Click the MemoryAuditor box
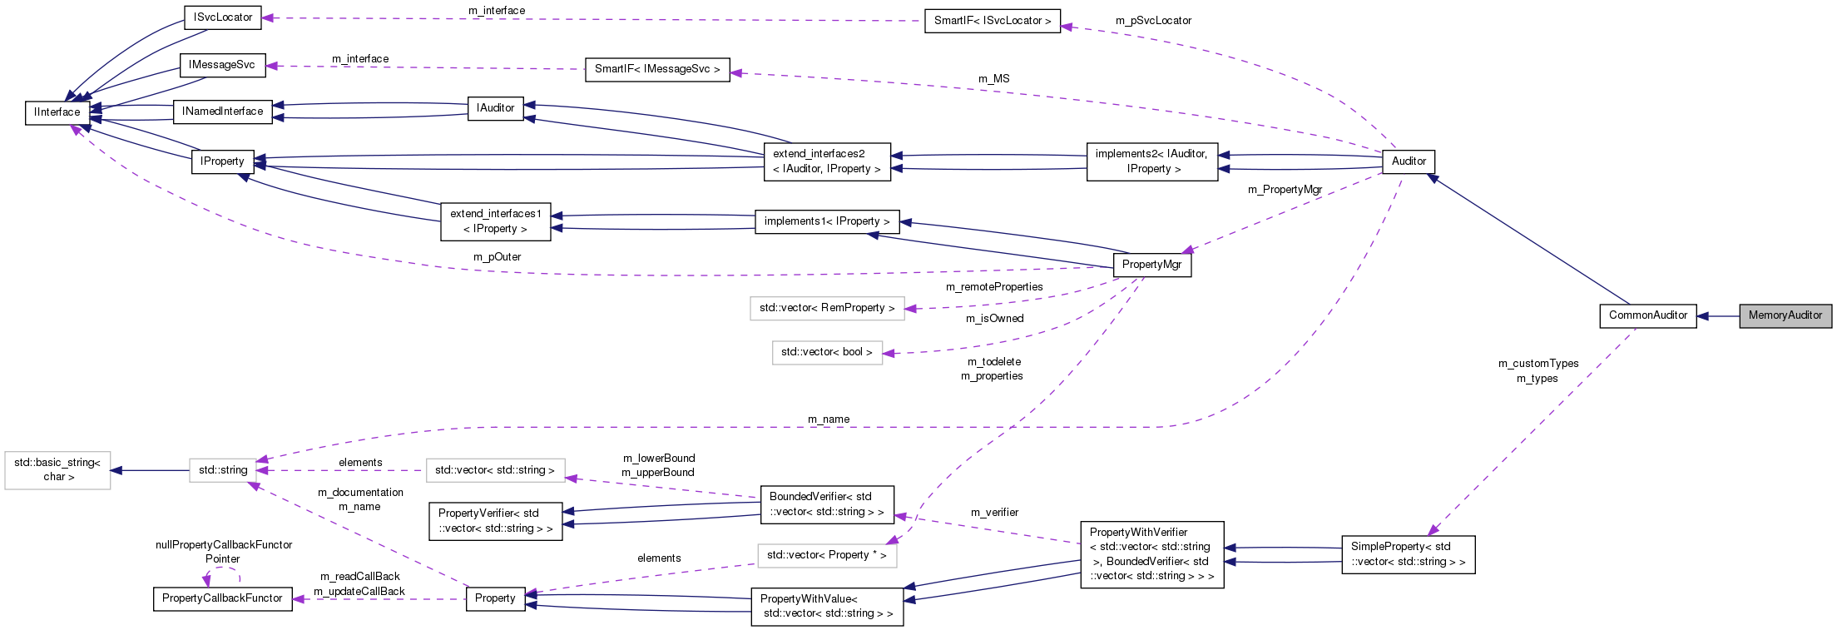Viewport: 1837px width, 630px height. pyautogui.click(x=1785, y=315)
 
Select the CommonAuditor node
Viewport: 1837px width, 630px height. pyautogui.click(x=1647, y=315)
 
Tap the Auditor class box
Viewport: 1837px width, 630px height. pyautogui.click(x=1408, y=161)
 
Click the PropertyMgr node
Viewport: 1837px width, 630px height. pyautogui.click(x=1151, y=265)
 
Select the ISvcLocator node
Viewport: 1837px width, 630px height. pyautogui.click(x=222, y=17)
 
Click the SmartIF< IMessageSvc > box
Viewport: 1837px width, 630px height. pyautogui.click(x=656, y=69)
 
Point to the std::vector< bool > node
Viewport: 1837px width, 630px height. pyautogui.click(x=826, y=352)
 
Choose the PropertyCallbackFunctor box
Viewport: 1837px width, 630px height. pyautogui.click(x=222, y=598)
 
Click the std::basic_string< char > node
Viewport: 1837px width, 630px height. pyautogui.click(x=57, y=470)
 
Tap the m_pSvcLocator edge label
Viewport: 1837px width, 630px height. pyautogui.click(x=1153, y=21)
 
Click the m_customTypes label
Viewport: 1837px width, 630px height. pyautogui.click(x=1537, y=364)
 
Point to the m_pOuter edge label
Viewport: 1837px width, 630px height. pyautogui.click(x=497, y=257)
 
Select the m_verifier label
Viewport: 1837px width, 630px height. pyautogui.click(x=994, y=513)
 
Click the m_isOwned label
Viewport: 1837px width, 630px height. pyautogui.click(x=994, y=319)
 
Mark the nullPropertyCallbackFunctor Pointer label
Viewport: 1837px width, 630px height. pyautogui.click(x=223, y=552)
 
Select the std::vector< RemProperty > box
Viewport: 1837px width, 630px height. pyautogui.click(x=826, y=308)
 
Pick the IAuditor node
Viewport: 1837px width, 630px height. pyautogui.click(x=495, y=108)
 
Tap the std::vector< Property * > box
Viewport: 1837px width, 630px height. pyautogui.click(x=826, y=555)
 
